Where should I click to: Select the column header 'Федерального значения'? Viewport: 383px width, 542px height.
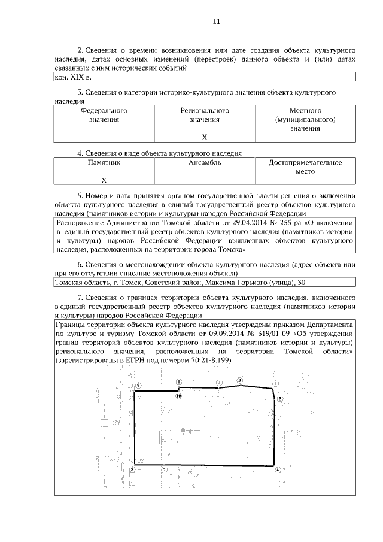104,115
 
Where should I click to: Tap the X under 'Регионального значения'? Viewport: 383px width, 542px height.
205,137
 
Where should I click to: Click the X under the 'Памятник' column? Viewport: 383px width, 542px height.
104,180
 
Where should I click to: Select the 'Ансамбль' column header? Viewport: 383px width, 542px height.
205,162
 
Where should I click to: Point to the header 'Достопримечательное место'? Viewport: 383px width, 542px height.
305,166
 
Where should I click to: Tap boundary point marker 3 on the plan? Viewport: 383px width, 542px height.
239,380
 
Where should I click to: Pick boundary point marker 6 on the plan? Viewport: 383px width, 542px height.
278,470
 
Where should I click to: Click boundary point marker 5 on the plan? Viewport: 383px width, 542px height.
280,398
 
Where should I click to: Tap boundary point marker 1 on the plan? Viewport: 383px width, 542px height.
179,381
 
